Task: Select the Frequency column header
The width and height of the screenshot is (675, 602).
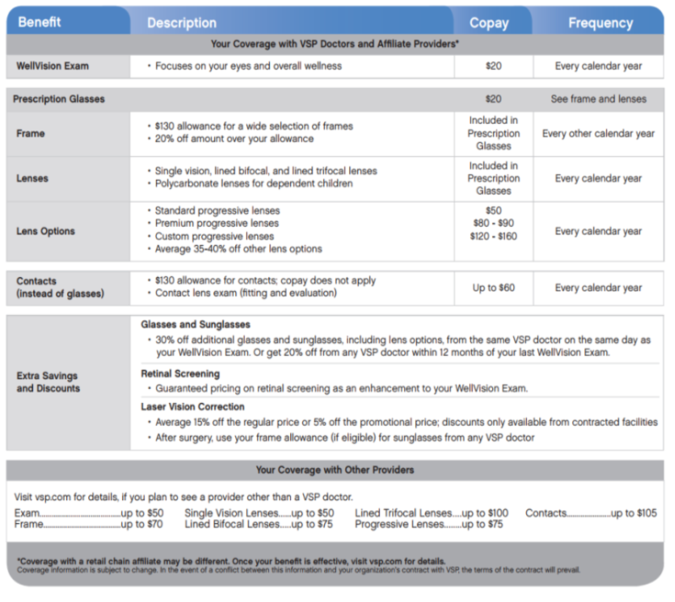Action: [x=600, y=22]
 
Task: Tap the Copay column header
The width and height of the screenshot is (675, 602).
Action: [x=489, y=22]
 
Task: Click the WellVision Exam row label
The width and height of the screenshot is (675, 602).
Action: [x=51, y=66]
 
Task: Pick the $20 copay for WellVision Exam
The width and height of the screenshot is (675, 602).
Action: [x=493, y=66]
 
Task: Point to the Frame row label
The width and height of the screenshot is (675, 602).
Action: [x=30, y=133]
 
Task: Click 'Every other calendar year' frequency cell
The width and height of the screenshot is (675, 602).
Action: [x=598, y=133]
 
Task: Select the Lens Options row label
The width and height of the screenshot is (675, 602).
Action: [x=46, y=231]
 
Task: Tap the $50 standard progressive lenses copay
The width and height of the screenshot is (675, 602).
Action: [x=493, y=211]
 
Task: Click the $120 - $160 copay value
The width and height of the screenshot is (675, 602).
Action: [x=493, y=237]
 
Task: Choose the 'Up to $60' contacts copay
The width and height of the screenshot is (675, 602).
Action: [x=493, y=288]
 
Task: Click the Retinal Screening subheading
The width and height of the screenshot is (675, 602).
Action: [x=180, y=373]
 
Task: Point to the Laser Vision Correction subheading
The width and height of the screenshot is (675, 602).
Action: [x=192, y=407]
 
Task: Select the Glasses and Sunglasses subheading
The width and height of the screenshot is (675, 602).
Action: [x=196, y=325]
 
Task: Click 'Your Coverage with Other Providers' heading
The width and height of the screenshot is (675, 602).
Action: [x=334, y=470]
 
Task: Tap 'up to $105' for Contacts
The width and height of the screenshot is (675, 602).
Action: [x=635, y=513]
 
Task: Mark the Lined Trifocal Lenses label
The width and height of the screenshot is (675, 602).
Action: [x=403, y=513]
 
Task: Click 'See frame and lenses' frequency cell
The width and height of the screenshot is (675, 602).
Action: [x=598, y=99]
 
